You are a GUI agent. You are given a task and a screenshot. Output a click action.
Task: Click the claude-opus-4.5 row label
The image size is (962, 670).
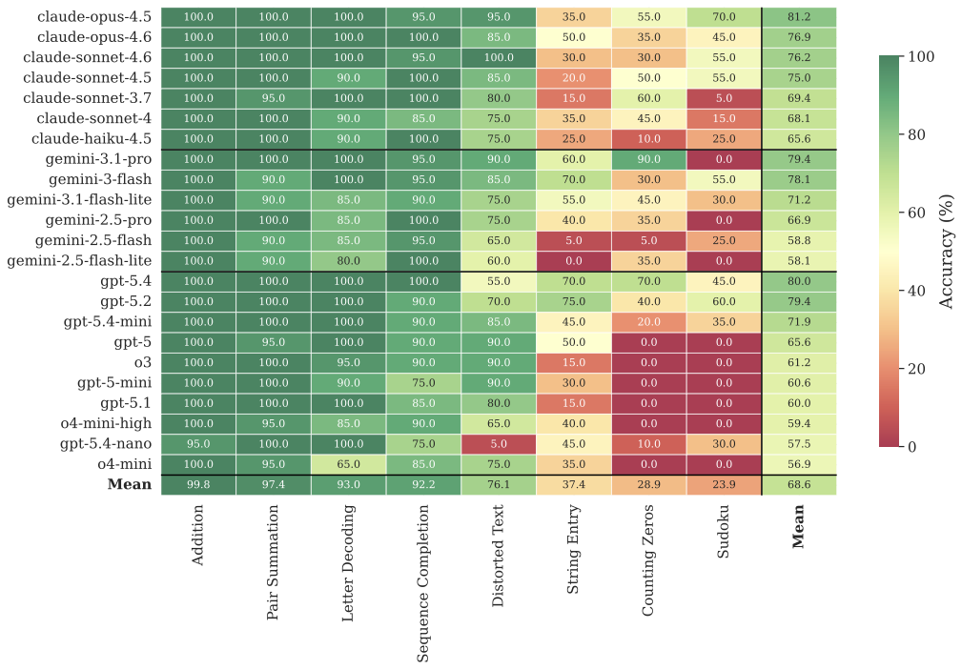[x=95, y=17]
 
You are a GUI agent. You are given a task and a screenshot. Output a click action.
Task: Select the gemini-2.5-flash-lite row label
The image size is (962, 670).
[x=82, y=260]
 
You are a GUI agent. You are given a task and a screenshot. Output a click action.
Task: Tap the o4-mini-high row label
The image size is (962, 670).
[x=107, y=422]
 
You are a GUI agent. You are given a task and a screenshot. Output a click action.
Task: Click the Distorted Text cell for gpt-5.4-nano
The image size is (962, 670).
[x=499, y=444]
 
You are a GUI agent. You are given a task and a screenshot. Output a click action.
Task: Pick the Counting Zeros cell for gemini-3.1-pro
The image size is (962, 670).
[x=648, y=159]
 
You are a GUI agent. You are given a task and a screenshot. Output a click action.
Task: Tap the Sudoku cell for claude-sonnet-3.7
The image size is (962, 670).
[x=724, y=98]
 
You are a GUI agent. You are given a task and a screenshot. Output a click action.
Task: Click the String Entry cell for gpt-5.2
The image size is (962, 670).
[x=573, y=301]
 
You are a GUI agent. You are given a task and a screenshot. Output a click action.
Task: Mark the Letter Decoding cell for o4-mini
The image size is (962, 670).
[x=348, y=464]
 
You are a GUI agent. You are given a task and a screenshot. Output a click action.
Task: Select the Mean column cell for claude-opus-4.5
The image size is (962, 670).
[x=799, y=17]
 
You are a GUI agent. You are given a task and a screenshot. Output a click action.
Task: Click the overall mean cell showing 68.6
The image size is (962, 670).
[x=799, y=485]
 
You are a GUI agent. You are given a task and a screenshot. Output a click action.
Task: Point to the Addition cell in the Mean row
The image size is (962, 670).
[x=198, y=485]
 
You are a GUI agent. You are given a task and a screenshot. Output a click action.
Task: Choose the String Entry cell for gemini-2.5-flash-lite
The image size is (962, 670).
[x=573, y=260]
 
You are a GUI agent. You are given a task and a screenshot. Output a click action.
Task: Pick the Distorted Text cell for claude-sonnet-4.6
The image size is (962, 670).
[x=499, y=57]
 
